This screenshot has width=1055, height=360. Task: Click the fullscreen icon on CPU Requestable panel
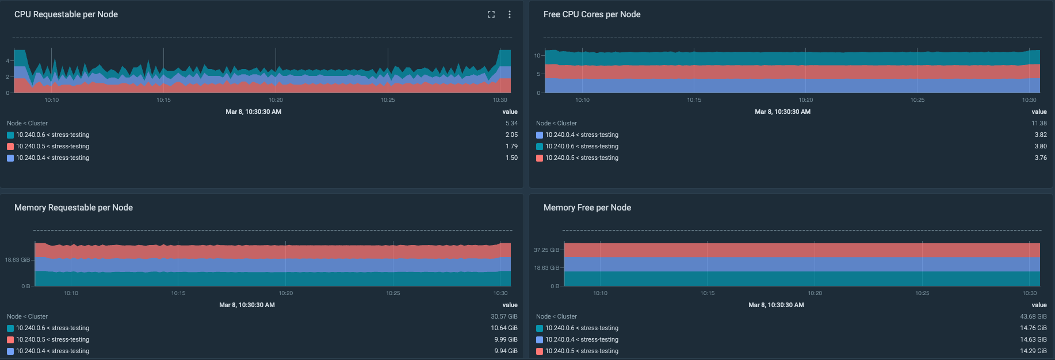491,14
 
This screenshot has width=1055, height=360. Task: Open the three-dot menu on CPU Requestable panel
510,14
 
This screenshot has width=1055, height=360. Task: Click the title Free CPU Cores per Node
591,14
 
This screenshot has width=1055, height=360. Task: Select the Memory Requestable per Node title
74,208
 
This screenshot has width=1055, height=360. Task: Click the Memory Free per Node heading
587,208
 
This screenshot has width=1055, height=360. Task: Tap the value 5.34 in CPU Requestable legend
511,123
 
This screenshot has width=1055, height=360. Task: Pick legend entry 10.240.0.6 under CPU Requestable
52,135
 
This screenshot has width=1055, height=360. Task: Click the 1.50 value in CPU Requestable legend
511,158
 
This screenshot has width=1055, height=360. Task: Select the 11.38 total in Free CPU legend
1039,123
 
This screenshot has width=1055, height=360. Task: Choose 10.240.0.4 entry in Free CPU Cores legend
582,135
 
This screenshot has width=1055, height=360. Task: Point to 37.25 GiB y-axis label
546,250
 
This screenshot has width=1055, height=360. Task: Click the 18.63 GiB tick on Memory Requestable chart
17,260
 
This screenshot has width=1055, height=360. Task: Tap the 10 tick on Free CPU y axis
537,56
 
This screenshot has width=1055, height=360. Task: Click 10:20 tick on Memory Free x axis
815,293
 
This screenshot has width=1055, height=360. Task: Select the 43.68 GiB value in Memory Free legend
1033,316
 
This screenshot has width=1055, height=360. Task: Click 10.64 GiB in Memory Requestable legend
504,328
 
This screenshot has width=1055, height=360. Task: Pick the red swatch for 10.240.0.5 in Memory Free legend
540,351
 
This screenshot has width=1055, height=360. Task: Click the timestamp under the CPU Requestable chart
253,112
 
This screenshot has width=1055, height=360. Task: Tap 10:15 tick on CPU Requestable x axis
163,100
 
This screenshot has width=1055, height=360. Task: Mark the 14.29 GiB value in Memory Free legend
1033,351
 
